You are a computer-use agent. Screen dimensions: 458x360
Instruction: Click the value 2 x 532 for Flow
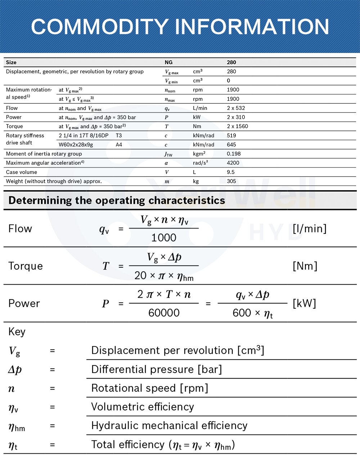coord(236,108)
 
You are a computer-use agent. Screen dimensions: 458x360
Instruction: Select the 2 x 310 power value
coord(236,117)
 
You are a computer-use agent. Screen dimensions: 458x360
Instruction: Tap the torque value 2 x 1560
coord(237,126)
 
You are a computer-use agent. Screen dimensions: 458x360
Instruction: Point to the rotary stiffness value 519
coord(231,135)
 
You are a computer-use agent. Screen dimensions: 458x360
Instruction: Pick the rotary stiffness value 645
coord(231,144)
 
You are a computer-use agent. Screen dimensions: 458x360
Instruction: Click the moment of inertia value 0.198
coord(234,154)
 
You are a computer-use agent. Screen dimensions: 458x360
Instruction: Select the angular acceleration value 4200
coord(233,163)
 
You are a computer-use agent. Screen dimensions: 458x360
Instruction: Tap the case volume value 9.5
coord(231,172)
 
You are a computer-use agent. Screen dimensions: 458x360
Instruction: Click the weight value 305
coord(231,181)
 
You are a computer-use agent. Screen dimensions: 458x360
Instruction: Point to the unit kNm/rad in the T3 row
coord(203,135)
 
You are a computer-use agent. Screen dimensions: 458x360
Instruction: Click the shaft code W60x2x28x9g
coord(76,144)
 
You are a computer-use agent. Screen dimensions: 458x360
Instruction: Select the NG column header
coord(168,62)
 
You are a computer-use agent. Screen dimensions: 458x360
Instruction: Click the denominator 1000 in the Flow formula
coord(164,238)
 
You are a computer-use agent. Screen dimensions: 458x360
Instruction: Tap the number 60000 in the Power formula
coord(164,313)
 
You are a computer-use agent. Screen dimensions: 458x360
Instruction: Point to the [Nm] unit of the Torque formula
coord(305,266)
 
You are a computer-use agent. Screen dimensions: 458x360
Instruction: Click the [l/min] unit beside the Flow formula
coord(309,228)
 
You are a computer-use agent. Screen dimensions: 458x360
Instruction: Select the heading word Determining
coord(40,200)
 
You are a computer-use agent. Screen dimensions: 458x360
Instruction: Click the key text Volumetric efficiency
coord(143,407)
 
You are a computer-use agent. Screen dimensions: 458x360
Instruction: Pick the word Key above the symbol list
coord(17,332)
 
